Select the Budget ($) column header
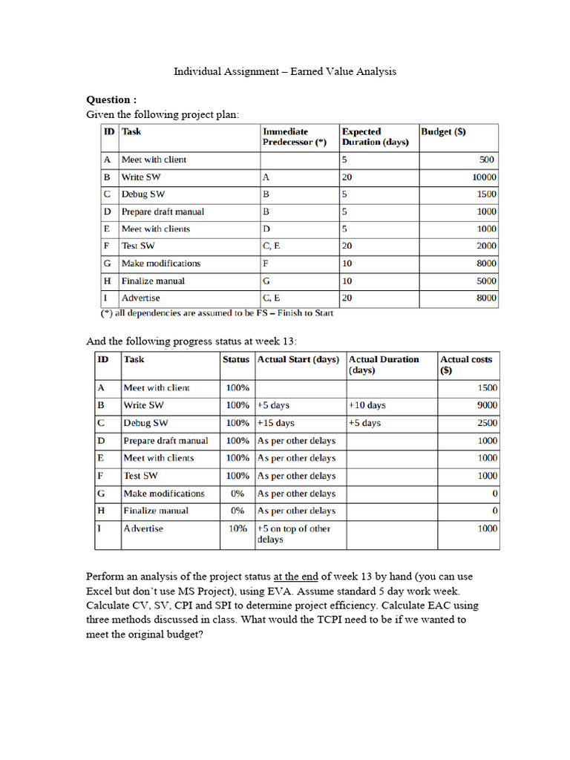(x=443, y=132)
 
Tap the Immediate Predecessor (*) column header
(x=295, y=137)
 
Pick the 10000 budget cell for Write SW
(x=484, y=177)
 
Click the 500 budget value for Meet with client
(x=487, y=160)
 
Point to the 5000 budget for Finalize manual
(x=486, y=281)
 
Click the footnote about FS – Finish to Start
(x=217, y=313)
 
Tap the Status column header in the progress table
(x=236, y=359)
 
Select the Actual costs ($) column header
(x=465, y=364)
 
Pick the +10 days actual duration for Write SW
(x=367, y=405)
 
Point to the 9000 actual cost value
(x=486, y=405)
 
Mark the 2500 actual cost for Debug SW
(x=486, y=423)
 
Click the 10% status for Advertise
(x=237, y=528)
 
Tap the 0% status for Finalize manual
(x=237, y=511)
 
